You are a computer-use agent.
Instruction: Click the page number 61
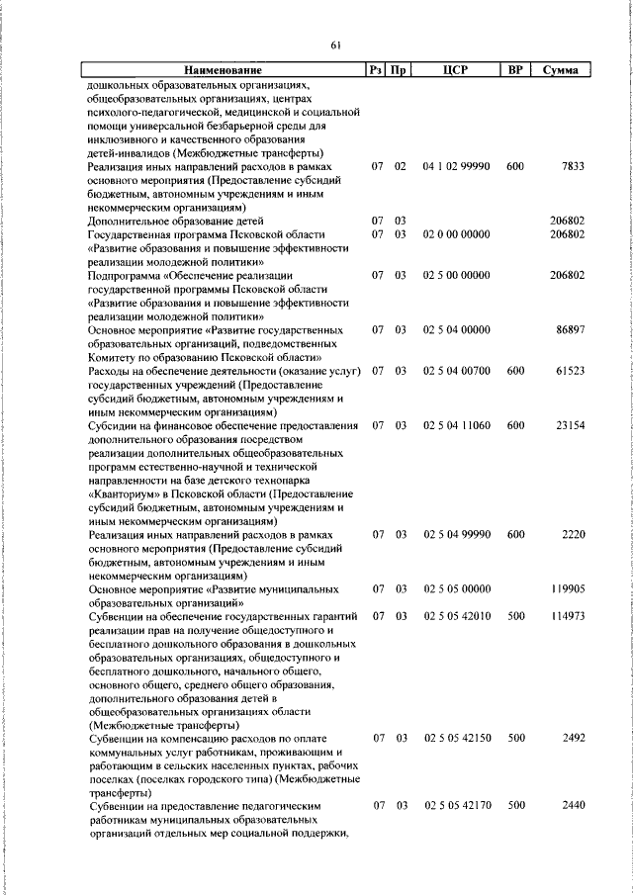click(x=335, y=45)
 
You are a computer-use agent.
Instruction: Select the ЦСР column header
click(x=455, y=70)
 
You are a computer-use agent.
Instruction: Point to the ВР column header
click(x=514, y=70)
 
